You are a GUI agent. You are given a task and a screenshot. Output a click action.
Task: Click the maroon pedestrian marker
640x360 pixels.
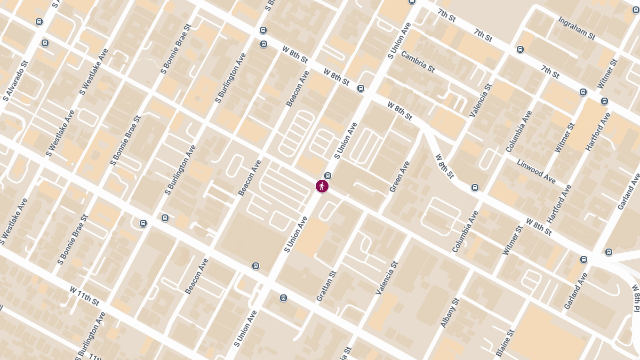tap(322, 186)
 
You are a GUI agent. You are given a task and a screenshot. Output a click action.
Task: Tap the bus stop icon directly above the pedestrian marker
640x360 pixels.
tap(328, 176)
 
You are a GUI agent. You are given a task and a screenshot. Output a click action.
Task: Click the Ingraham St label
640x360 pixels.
tap(577, 28)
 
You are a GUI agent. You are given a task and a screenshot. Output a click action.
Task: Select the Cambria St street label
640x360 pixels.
tap(418, 61)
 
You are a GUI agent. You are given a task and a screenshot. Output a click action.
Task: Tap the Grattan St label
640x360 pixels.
tap(326, 286)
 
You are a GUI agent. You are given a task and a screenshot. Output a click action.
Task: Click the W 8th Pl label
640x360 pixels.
tap(636, 299)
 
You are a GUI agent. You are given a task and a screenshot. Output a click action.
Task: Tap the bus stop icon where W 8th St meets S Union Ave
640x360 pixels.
tap(361, 89)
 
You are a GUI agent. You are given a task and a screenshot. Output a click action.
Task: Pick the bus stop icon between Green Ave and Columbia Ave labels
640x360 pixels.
tap(475, 188)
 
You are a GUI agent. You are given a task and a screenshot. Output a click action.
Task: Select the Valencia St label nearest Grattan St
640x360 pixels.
tap(387, 278)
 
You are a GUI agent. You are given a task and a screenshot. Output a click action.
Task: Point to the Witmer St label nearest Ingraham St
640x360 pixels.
tap(607, 74)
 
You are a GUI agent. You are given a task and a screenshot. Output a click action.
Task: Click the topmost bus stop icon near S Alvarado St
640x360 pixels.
tap(39, 22)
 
